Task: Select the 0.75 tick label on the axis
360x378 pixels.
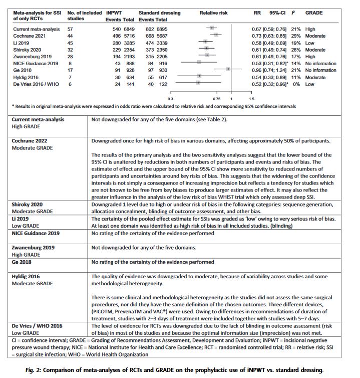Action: (216, 99)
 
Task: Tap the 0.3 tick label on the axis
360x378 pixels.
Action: (171, 99)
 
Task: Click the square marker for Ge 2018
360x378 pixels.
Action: (229, 69)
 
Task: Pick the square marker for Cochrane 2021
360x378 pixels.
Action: (216, 36)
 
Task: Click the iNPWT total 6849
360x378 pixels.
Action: (129, 29)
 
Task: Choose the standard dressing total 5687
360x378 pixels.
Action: (161, 36)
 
